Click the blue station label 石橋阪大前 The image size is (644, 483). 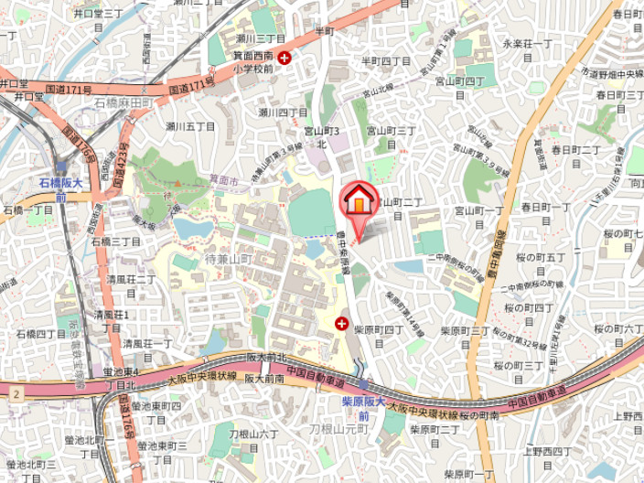point(60,189)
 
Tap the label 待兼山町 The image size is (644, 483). point(228,260)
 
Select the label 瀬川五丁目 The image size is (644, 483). point(191,125)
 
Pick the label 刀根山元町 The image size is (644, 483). point(338,427)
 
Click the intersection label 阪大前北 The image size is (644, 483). point(266,358)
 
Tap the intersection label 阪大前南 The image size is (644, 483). point(265,377)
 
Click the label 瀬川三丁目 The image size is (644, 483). point(260,38)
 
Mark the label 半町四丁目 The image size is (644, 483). point(385,61)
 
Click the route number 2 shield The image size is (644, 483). point(16,392)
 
